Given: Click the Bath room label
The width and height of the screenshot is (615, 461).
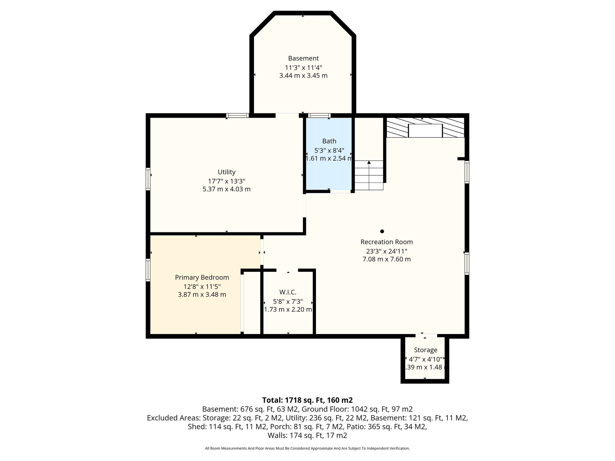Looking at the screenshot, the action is [x=329, y=141].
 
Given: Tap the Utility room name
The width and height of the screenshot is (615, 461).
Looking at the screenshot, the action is [x=226, y=172].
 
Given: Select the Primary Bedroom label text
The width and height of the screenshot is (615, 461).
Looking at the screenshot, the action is [x=202, y=278].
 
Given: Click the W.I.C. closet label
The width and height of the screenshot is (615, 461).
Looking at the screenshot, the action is [x=288, y=292].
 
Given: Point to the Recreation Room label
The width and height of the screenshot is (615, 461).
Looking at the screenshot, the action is [x=386, y=242].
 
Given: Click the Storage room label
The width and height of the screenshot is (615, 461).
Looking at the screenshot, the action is [x=426, y=350].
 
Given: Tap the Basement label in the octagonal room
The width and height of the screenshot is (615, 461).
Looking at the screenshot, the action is [x=303, y=58].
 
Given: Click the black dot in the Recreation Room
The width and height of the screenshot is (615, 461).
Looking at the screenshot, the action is [x=382, y=231].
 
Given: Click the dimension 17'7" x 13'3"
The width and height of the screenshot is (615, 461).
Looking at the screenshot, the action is [x=226, y=181].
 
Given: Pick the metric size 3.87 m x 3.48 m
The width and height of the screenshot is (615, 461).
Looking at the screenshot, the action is [x=202, y=295].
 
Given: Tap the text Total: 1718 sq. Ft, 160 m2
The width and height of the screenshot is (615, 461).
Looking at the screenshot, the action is [x=307, y=400].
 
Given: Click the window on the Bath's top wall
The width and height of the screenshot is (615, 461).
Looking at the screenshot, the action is [x=319, y=116].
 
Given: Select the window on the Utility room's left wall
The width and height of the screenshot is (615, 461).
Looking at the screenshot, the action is [x=148, y=179].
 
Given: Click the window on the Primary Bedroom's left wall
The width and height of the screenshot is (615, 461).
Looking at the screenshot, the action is [x=148, y=270].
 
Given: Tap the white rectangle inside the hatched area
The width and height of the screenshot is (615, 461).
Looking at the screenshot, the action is [x=425, y=131].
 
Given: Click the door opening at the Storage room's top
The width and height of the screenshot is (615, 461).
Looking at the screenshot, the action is [x=426, y=336].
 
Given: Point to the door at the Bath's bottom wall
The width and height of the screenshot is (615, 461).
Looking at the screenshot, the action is [x=340, y=191].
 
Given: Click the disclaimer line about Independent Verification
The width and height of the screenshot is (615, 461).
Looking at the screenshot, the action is [x=307, y=448].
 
